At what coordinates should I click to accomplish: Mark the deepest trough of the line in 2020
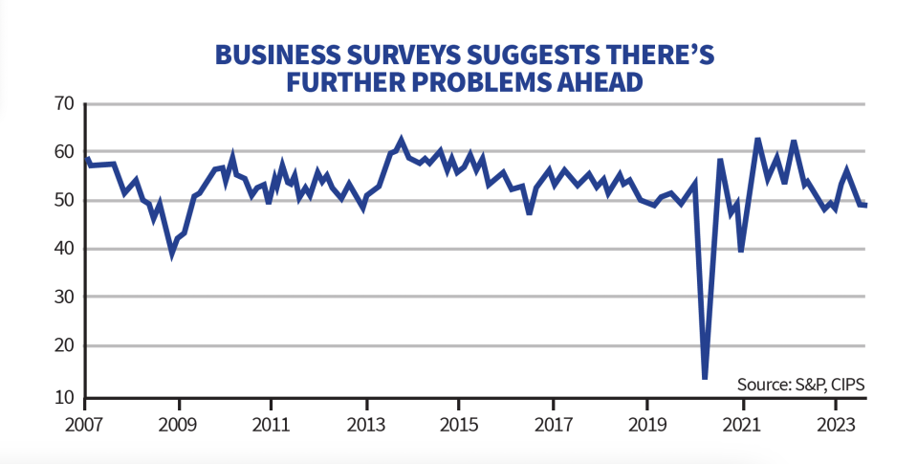705,377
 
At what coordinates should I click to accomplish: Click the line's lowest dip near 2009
172,253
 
